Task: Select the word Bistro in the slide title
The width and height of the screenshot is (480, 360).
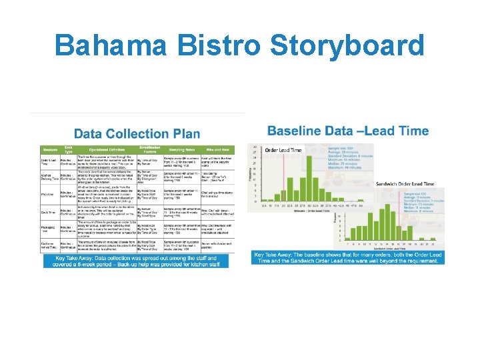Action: click(x=223, y=46)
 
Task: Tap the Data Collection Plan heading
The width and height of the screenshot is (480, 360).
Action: click(x=137, y=134)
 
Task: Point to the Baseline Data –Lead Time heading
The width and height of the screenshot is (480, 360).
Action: click(x=347, y=131)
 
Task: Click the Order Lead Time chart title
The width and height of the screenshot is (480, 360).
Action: click(x=283, y=151)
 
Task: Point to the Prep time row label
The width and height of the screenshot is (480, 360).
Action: click(x=49, y=194)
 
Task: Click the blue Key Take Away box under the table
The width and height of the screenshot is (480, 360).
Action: click(x=136, y=261)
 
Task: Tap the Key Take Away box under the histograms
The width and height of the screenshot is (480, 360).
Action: click(x=348, y=257)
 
